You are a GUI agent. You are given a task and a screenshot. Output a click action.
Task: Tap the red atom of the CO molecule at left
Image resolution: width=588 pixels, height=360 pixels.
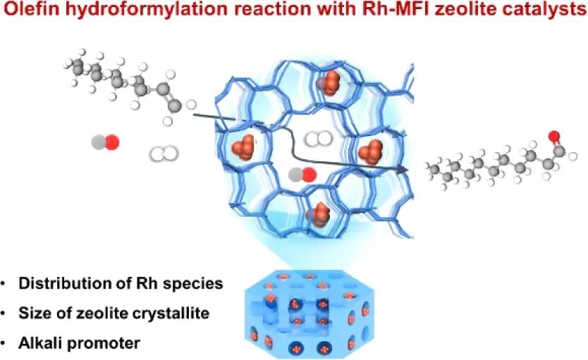111,142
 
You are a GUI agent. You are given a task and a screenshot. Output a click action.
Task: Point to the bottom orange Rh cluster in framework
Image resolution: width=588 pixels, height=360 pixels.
319,213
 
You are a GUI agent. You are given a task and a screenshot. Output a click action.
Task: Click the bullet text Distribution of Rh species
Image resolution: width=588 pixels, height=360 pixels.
121,284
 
